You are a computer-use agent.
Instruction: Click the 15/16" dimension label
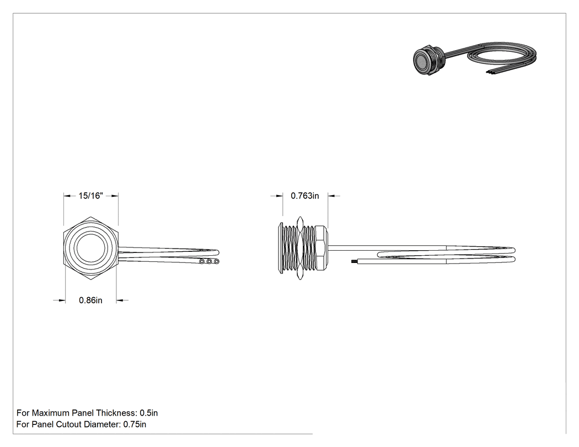pos(90,196)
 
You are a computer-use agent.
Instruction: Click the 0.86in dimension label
pos(90,300)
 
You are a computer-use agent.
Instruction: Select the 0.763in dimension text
pos(304,196)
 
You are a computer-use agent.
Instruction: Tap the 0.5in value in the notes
pos(148,413)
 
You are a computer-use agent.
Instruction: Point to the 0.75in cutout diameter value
pos(135,424)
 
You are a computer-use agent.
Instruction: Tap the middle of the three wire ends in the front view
pos(209,262)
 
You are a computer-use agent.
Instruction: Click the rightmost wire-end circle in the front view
pos(216,262)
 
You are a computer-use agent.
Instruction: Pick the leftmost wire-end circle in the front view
pos(202,262)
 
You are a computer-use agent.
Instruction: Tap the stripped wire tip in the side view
pos(353,261)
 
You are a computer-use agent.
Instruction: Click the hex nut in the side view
pos(300,247)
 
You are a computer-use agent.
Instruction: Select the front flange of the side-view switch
pos(280,247)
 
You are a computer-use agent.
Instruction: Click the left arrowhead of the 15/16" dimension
pos(67,196)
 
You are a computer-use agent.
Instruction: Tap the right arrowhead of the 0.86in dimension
pos(120,300)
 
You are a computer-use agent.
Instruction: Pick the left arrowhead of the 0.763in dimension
pos(279,196)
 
